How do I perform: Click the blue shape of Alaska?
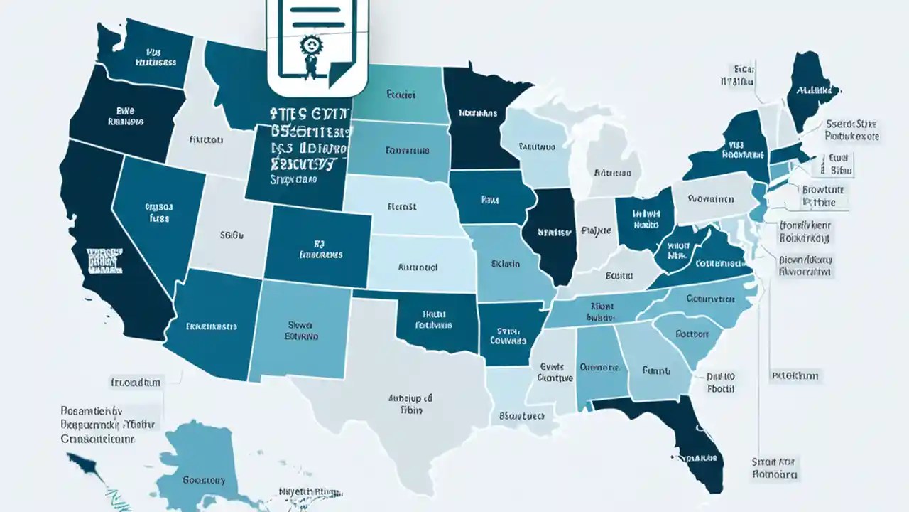pos(192,462)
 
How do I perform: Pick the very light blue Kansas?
pos(419,267)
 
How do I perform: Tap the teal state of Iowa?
pos(490,199)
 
